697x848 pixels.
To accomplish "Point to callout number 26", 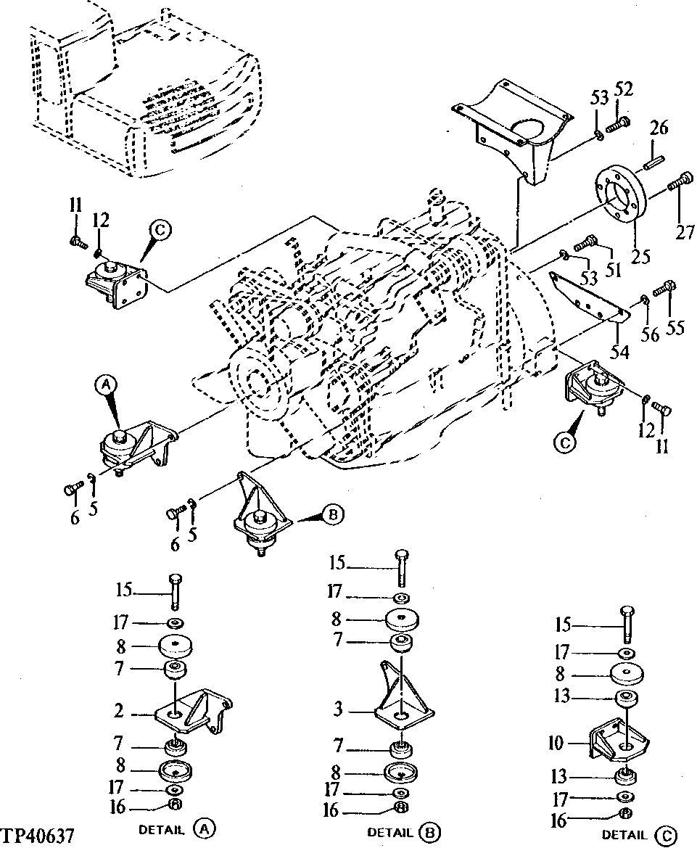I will click(x=659, y=129).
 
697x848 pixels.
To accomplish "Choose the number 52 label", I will click(x=624, y=89).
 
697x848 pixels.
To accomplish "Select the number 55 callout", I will click(x=675, y=328).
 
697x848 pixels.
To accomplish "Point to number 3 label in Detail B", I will click(x=338, y=709).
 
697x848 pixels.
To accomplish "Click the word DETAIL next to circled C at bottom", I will click(x=624, y=835).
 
